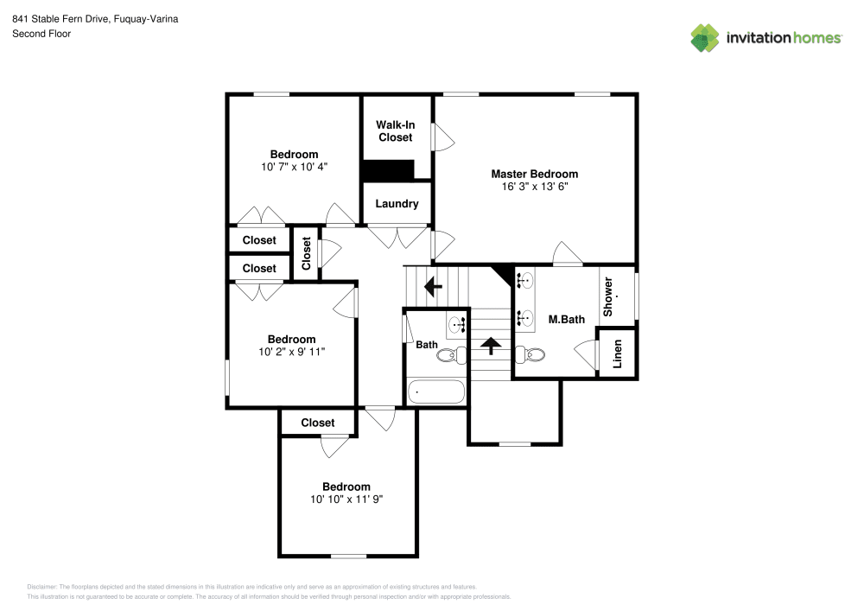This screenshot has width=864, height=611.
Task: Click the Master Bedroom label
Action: (x=534, y=174)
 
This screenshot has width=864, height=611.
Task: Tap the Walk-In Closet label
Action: (x=395, y=130)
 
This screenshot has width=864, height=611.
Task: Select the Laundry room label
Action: (x=397, y=204)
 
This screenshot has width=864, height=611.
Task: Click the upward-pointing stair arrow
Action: (x=491, y=346)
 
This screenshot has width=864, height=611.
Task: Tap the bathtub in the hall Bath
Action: (x=435, y=391)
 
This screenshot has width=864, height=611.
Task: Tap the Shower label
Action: (x=608, y=296)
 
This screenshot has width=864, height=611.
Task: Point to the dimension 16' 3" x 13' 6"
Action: (x=534, y=186)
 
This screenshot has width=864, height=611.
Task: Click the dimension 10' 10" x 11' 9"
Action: (x=346, y=500)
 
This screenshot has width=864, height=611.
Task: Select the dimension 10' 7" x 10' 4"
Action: (x=294, y=167)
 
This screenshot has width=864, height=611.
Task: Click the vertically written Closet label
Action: (x=306, y=253)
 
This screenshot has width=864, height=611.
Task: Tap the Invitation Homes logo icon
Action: (x=704, y=38)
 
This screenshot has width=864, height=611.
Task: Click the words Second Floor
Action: (x=41, y=34)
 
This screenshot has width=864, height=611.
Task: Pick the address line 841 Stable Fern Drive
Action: (x=95, y=18)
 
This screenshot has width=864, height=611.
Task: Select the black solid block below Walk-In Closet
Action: (x=388, y=170)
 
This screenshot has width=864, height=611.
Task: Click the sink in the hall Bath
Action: (x=457, y=326)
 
